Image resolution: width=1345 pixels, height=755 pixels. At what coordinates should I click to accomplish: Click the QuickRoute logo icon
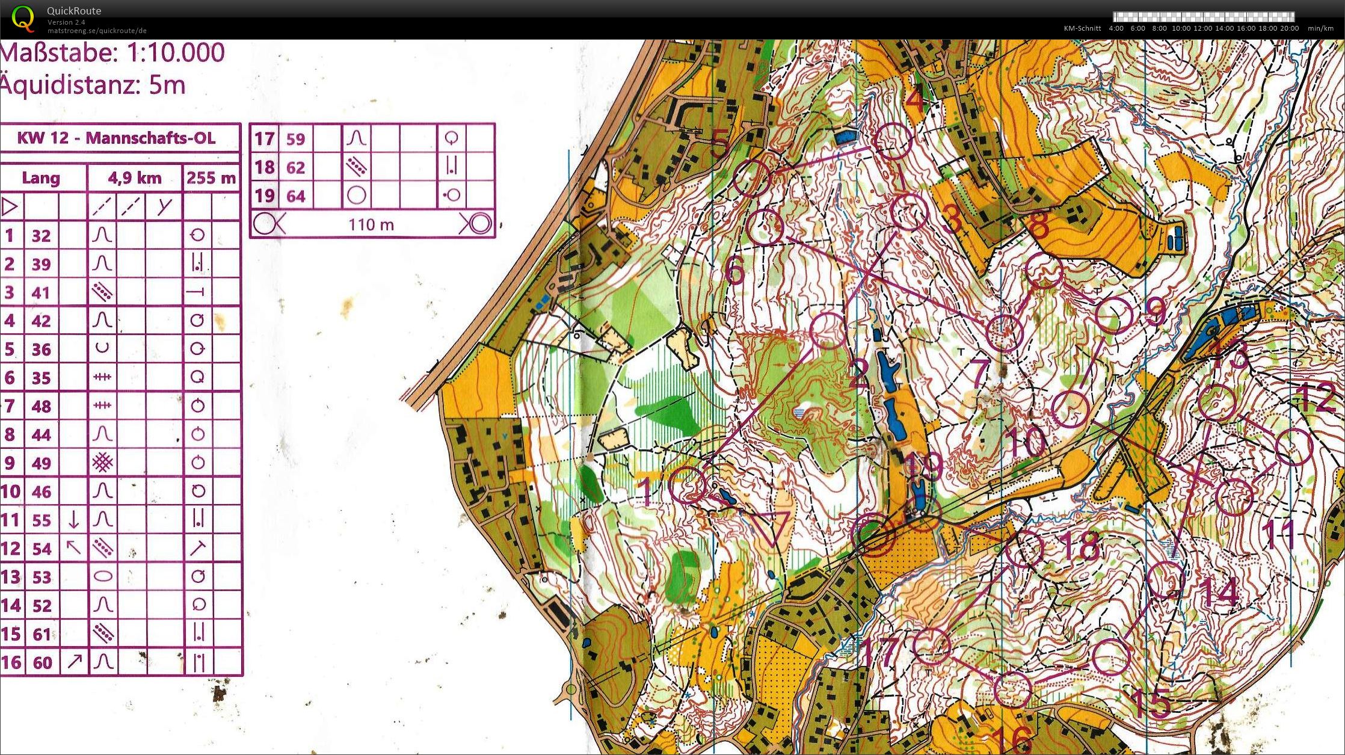click(23, 18)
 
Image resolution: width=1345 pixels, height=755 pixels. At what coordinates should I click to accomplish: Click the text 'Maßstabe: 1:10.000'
click(112, 53)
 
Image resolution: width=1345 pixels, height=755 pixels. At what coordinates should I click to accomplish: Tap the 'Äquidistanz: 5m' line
click(93, 85)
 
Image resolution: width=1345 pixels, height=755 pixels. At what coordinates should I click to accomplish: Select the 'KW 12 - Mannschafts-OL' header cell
click(116, 138)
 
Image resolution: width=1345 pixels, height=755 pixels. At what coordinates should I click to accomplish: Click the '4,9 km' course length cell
click(135, 178)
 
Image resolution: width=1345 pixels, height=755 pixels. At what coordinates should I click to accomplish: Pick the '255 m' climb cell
click(211, 178)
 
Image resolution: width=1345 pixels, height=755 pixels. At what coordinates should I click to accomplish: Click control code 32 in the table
click(41, 235)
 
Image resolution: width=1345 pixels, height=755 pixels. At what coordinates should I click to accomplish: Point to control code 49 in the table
click(41, 463)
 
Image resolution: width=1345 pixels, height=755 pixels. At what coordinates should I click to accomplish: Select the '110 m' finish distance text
click(371, 225)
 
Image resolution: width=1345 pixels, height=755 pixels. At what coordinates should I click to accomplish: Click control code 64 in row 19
click(295, 196)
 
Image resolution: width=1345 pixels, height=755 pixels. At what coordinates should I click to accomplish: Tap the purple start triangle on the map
click(771, 526)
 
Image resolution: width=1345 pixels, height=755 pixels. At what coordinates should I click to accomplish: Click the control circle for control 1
click(688, 484)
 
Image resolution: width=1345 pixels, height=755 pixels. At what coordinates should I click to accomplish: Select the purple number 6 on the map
click(735, 272)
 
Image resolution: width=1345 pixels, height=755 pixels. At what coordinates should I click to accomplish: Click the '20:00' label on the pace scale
click(1290, 28)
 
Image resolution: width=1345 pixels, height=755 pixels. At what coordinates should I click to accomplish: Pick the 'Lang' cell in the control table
click(41, 178)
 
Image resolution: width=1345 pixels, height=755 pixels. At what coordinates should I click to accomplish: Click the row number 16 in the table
click(11, 662)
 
